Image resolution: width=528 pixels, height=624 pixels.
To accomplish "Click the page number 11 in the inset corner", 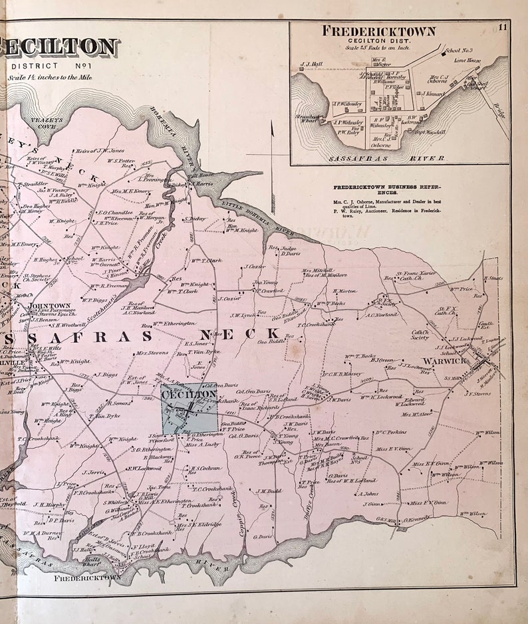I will point(503,27).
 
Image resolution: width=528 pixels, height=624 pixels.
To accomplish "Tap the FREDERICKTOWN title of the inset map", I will point(378,31).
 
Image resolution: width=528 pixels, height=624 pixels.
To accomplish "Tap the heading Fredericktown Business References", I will point(378,191).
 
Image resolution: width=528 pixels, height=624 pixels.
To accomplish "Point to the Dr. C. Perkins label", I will point(390,432).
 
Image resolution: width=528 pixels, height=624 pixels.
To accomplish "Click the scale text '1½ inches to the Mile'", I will point(50,77).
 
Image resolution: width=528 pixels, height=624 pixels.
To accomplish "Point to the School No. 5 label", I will point(359,459).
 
